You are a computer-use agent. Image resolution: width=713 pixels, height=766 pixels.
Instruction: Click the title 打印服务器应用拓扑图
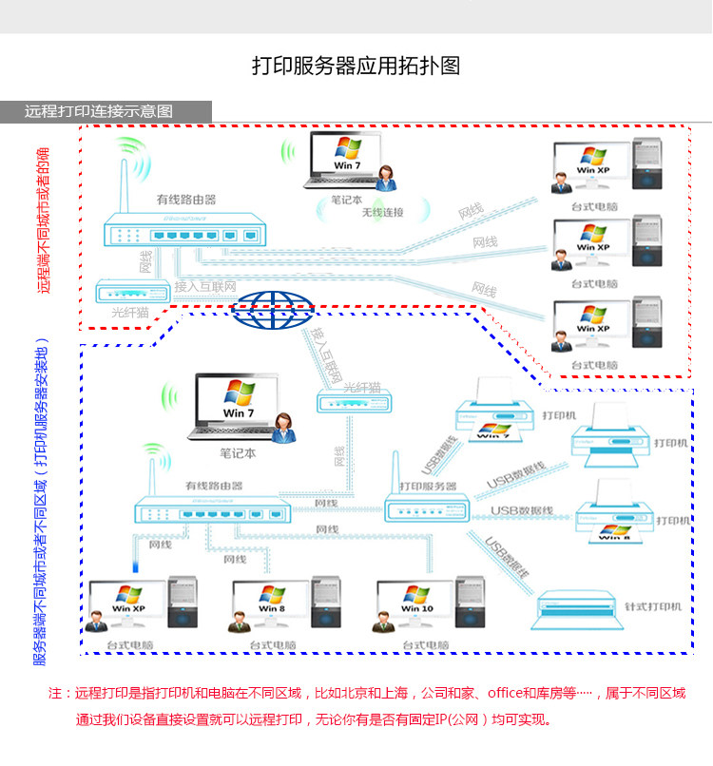click(356, 66)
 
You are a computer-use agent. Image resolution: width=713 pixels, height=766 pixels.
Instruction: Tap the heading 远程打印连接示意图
click(99, 111)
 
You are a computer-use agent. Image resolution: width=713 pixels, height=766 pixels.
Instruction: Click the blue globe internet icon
click(275, 308)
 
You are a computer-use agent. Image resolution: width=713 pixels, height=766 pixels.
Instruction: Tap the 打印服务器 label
click(428, 486)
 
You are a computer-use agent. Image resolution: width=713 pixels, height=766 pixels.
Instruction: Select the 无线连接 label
click(382, 212)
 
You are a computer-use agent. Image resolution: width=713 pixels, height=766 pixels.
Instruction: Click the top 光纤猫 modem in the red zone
click(131, 291)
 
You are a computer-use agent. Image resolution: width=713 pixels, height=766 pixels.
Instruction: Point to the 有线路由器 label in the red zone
click(186, 200)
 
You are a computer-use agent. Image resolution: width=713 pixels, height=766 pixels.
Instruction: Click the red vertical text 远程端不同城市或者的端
click(43, 220)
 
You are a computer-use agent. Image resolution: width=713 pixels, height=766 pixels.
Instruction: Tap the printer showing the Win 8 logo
click(608, 513)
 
